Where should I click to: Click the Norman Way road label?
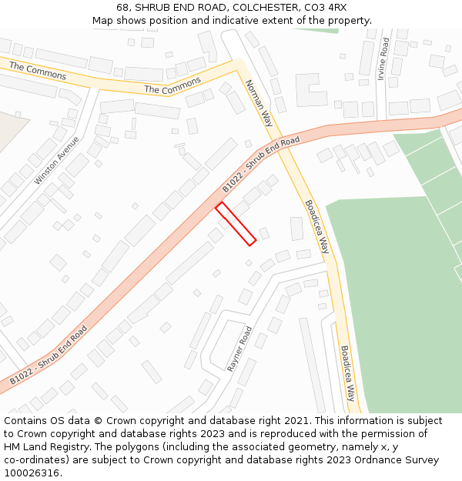tap(259, 102)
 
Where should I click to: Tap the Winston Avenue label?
tap(56, 161)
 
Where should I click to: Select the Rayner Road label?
tap(239, 349)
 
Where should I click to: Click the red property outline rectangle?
tap(236, 224)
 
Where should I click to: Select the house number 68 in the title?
tap(122, 8)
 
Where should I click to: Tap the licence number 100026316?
tap(32, 473)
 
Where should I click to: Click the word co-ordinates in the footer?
tap(35, 460)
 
